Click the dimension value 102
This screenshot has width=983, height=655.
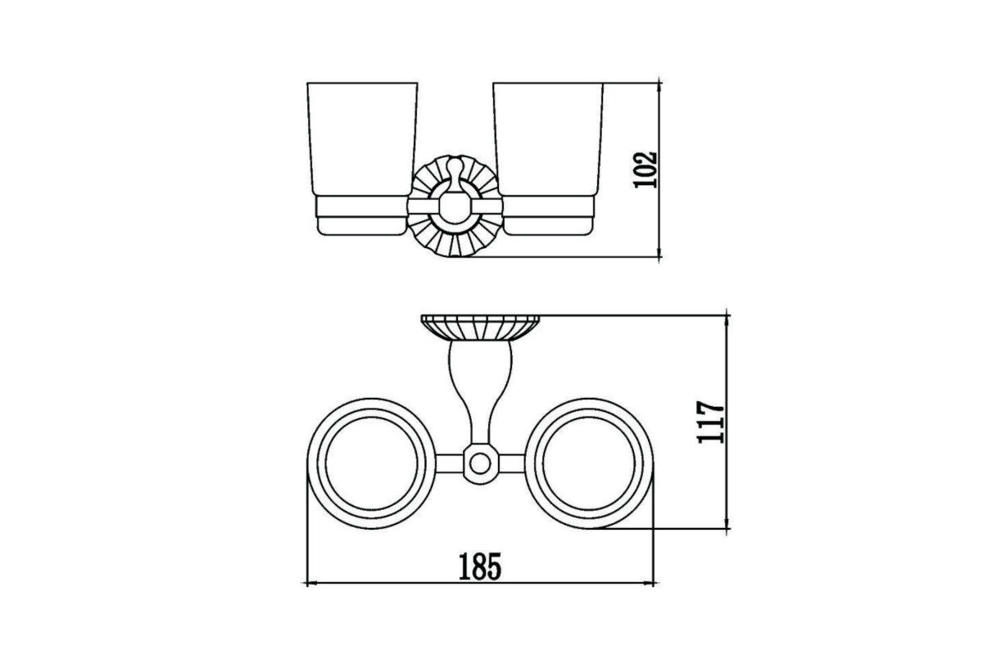pos(646,169)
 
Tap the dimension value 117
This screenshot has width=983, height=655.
pos(711,422)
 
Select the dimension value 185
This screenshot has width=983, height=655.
pos(480,567)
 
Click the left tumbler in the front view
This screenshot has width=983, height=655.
pos(362,159)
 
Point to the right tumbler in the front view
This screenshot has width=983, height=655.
pos(548,159)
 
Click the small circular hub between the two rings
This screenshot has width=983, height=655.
pos(480,463)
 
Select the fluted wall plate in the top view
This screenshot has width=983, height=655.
pos(480,327)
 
